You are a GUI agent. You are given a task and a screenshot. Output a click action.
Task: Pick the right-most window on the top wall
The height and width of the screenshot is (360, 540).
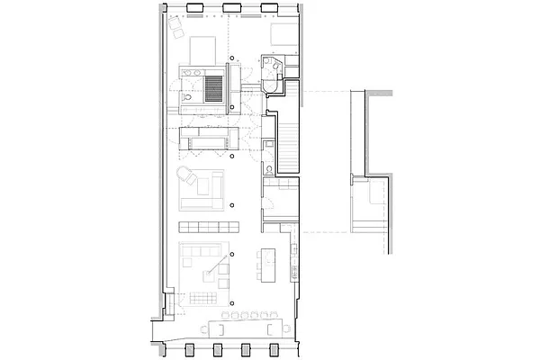(x=269, y=9)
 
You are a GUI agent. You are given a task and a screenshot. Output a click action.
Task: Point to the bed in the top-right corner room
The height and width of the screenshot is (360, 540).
(x=281, y=36)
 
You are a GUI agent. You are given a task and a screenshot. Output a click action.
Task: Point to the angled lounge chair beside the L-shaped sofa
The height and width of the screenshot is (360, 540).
(x=185, y=175)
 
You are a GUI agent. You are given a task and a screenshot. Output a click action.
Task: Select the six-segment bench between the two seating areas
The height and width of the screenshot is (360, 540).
(x=207, y=225)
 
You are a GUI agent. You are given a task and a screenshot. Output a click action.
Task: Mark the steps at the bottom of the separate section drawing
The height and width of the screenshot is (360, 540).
(x=368, y=224)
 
